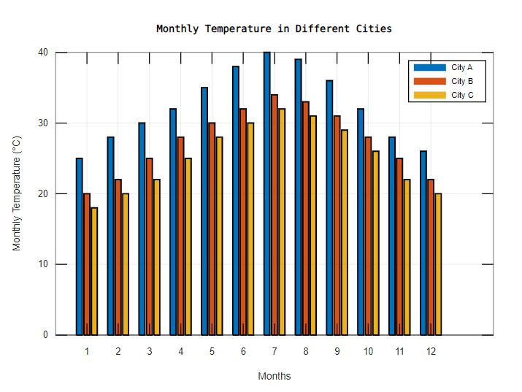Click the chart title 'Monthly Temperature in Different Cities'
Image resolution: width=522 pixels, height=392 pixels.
tap(274, 28)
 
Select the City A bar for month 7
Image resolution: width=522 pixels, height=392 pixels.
tap(266, 193)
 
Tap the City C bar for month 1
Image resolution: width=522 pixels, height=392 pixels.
tap(94, 272)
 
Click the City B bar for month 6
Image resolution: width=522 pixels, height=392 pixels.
tap(243, 222)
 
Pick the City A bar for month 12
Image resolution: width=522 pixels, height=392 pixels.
tap(423, 243)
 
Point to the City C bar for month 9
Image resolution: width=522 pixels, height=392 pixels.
tap(345, 232)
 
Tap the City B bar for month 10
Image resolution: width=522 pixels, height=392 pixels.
tap(368, 236)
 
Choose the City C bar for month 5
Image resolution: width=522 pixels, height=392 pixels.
tap(219, 236)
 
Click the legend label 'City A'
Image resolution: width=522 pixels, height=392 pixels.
tap(462, 67)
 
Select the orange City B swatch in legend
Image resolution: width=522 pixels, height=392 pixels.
tap(429, 81)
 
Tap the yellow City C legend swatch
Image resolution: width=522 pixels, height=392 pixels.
tap(429, 95)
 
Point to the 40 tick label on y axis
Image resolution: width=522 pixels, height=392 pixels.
tap(43, 53)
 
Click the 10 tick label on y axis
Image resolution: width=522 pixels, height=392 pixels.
tap(43, 264)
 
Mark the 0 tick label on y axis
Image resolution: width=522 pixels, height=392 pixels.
tap(45, 335)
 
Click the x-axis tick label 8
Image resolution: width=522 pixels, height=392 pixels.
tap(306, 351)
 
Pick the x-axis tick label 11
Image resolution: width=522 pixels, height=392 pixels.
tap(399, 351)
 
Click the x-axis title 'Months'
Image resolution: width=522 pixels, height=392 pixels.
tap(274, 377)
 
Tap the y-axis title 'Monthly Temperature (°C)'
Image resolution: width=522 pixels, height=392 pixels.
tap(18, 193)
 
